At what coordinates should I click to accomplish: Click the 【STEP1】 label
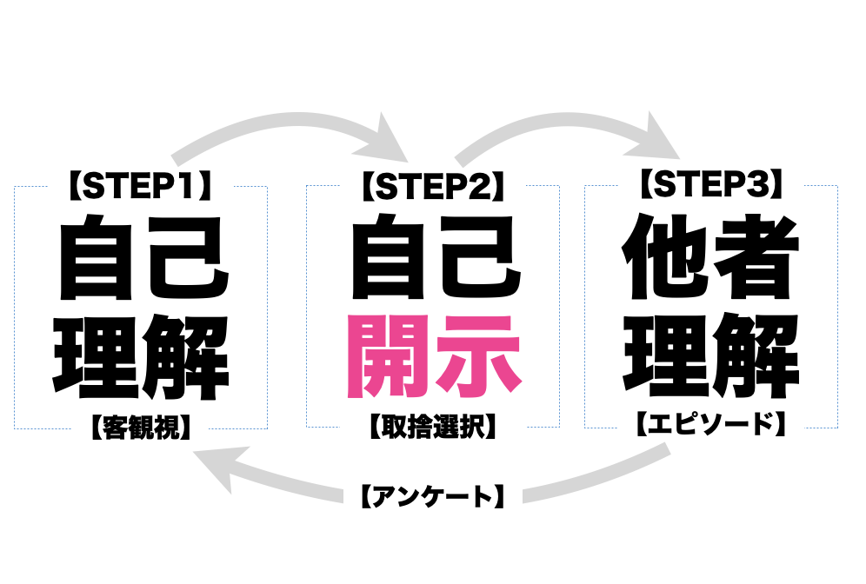coord(141,185)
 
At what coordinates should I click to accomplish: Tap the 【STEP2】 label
coord(434,185)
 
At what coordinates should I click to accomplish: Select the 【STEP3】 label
coord(711,184)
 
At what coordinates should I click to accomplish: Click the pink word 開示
coord(434,356)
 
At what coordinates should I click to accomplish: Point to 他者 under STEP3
coord(711,256)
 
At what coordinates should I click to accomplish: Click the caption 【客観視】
coord(142,428)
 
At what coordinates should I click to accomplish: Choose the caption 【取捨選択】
coord(434,426)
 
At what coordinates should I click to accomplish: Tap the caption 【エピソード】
coord(711,424)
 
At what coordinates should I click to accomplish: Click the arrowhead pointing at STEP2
coord(389,140)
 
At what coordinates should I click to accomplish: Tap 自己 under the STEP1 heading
coord(143,257)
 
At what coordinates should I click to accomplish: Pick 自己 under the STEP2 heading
coord(436,257)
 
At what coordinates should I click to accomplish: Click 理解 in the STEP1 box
coord(142,357)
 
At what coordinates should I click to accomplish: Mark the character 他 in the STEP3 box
coord(664,256)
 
